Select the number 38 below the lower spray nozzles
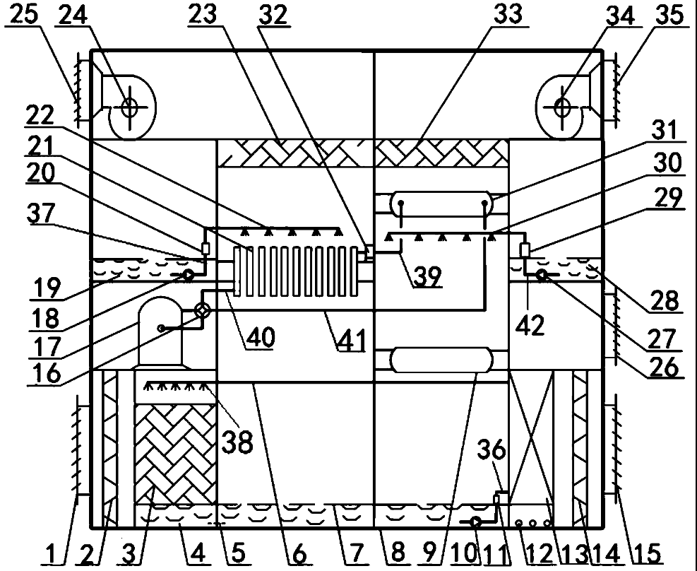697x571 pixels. [x=237, y=442]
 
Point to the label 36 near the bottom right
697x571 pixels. [x=492, y=449]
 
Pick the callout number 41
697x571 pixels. [x=352, y=340]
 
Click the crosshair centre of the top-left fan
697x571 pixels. [x=130, y=107]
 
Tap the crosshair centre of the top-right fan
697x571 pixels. [x=563, y=107]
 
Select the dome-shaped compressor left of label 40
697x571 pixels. [x=160, y=331]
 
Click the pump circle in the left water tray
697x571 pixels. [x=188, y=276]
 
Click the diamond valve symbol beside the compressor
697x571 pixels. [x=203, y=310]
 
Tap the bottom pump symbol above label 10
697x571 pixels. [x=476, y=522]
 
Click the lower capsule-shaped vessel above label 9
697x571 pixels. [x=441, y=360]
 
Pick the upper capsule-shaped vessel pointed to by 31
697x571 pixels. [x=441, y=204]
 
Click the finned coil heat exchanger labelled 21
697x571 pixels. [x=296, y=271]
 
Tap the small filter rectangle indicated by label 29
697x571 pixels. [x=525, y=250]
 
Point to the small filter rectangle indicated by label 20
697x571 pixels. [x=205, y=249]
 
